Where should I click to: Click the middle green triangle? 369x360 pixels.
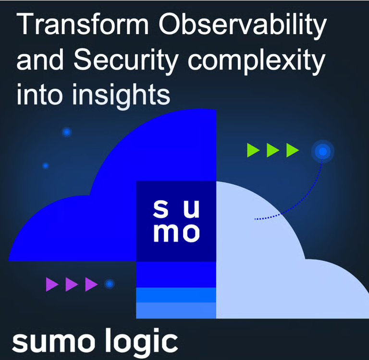[273, 150]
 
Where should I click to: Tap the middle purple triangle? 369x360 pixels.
[72, 284]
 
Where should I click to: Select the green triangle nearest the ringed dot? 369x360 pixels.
[293, 150]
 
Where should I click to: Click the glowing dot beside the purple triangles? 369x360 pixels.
[110, 284]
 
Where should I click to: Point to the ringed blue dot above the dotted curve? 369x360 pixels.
[323, 151]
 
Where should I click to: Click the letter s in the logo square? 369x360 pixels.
[161, 209]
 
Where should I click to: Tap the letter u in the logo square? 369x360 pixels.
[191, 209]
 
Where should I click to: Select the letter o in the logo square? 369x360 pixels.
[190, 233]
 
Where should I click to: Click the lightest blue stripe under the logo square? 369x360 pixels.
[176, 311]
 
